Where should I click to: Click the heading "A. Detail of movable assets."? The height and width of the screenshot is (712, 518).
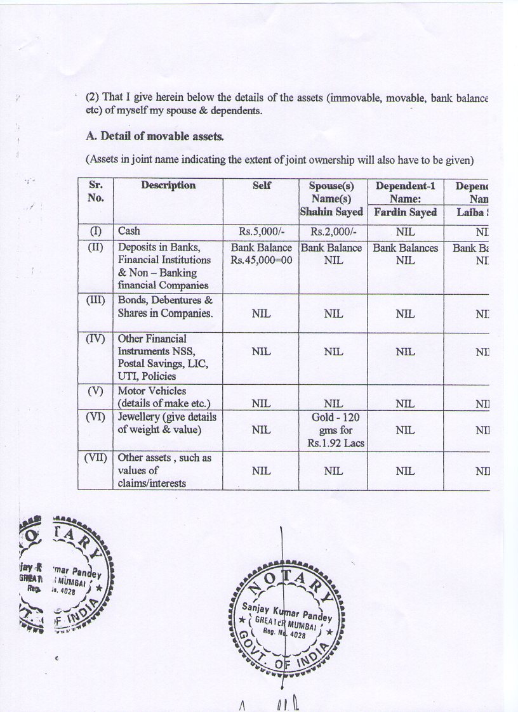coord(154,136)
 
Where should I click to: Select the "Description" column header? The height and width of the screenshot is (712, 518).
coord(168,185)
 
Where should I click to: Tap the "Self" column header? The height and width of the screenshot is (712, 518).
coord(262,185)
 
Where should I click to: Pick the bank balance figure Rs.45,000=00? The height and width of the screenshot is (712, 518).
coord(262,261)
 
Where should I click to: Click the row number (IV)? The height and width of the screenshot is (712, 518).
coord(96,339)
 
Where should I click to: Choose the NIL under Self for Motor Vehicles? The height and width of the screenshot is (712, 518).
coord(262,404)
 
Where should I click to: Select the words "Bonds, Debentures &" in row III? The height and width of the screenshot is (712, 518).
coord(165,300)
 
